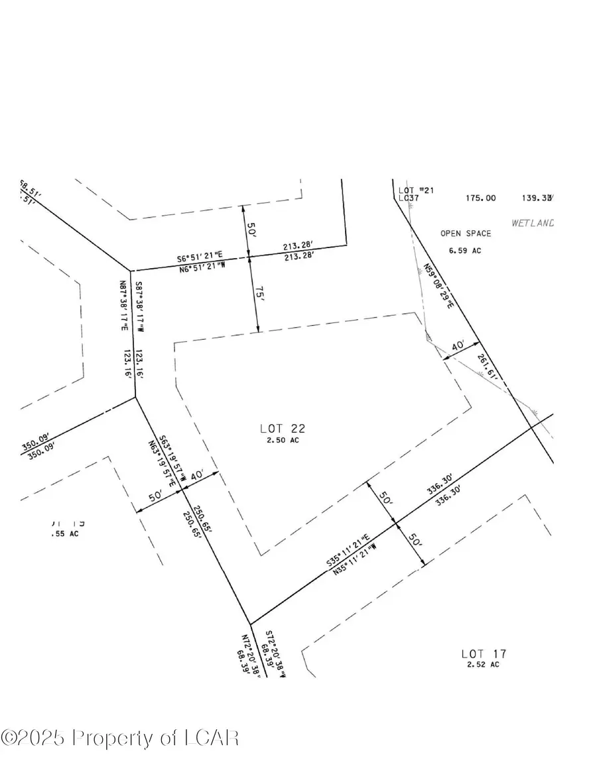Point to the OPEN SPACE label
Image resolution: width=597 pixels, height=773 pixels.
point(466,234)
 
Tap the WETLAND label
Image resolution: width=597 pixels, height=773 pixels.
point(532,223)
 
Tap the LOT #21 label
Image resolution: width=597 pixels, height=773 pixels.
point(416,191)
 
